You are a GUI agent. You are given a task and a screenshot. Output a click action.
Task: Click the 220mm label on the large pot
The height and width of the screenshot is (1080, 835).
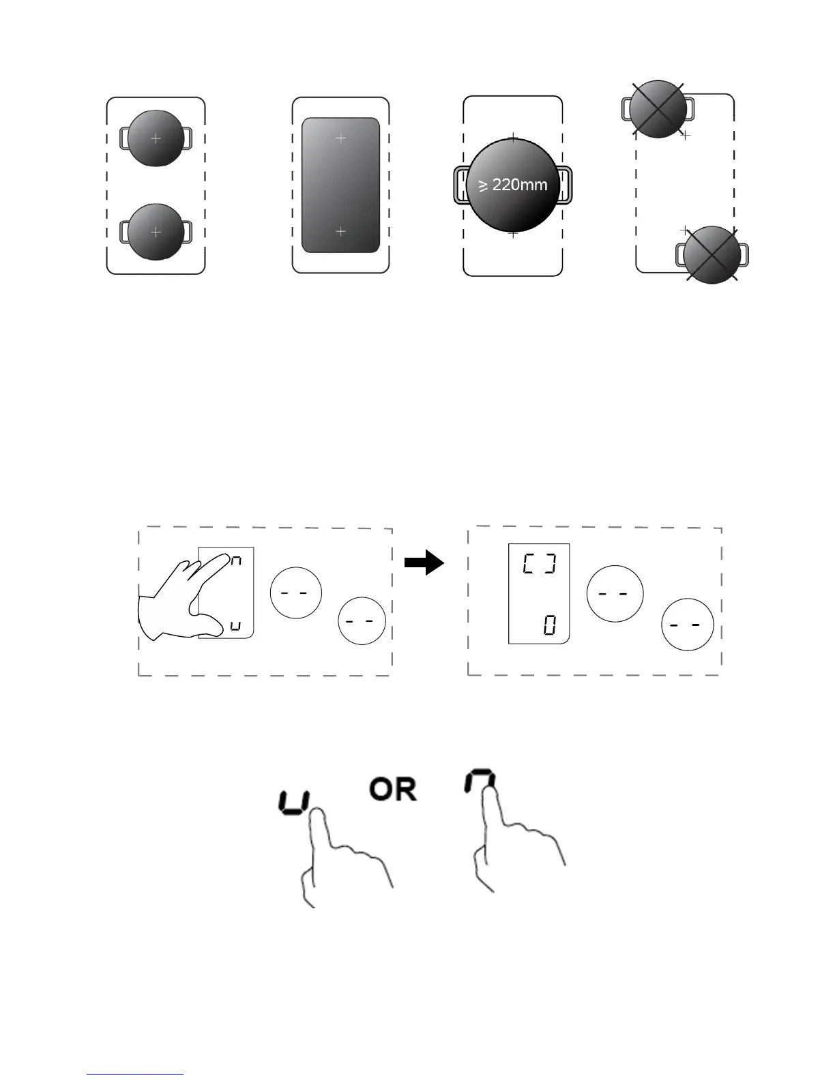513,185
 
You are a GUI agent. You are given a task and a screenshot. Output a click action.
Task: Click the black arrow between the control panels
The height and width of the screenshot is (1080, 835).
424,563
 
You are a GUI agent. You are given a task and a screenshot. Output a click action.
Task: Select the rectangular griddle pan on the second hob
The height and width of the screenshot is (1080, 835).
340,185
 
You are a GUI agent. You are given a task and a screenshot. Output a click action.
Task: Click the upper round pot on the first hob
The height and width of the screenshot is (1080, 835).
156,138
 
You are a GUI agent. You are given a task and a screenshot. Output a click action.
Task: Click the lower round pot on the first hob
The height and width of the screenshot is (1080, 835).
156,232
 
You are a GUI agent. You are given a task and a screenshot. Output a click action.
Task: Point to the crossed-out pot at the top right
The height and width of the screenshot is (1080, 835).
657,108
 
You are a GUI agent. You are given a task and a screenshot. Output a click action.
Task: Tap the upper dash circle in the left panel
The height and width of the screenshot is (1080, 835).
296,593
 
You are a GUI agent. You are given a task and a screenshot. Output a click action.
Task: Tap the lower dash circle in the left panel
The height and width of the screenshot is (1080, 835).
362,621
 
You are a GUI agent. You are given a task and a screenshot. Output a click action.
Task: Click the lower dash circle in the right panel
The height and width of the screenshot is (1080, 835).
688,625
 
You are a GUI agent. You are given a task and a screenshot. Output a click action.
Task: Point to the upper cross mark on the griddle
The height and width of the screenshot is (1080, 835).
341,138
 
